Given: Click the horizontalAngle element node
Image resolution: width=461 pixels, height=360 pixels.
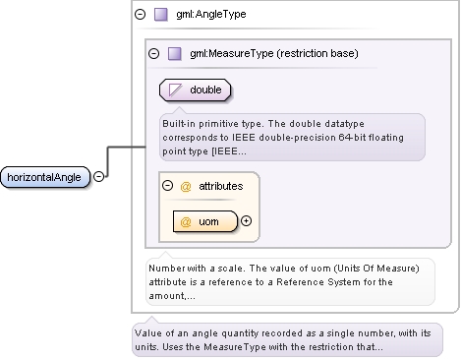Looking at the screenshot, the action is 45,177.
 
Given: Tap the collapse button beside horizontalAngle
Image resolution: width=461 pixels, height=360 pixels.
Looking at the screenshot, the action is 98,177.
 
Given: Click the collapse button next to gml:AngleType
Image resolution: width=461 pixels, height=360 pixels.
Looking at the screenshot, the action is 141,14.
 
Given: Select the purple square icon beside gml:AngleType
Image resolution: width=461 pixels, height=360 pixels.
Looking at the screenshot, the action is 161,15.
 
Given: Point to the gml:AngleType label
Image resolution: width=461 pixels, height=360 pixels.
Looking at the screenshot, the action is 211,14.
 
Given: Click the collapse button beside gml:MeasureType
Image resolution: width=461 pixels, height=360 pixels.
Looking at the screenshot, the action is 153,53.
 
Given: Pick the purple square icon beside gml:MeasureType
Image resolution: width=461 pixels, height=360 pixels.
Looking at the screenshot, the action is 175,53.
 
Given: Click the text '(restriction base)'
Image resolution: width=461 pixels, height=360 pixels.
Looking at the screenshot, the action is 317,53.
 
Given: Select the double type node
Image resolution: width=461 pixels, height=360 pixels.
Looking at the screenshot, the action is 195,90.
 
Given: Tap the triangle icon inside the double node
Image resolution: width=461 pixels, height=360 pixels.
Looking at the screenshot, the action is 175,90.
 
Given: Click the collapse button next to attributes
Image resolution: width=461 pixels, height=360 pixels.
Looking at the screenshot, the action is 168,186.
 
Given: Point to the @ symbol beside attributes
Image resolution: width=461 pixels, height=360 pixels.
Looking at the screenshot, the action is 186,187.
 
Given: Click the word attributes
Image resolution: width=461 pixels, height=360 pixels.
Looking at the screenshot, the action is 221,186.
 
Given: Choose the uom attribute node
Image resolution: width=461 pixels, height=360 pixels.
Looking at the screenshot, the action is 205,221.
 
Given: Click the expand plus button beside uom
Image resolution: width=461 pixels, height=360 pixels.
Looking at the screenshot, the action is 246,221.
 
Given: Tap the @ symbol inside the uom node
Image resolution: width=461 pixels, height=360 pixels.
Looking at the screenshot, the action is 186,222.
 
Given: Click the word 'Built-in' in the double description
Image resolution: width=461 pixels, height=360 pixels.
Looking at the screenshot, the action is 179,124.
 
